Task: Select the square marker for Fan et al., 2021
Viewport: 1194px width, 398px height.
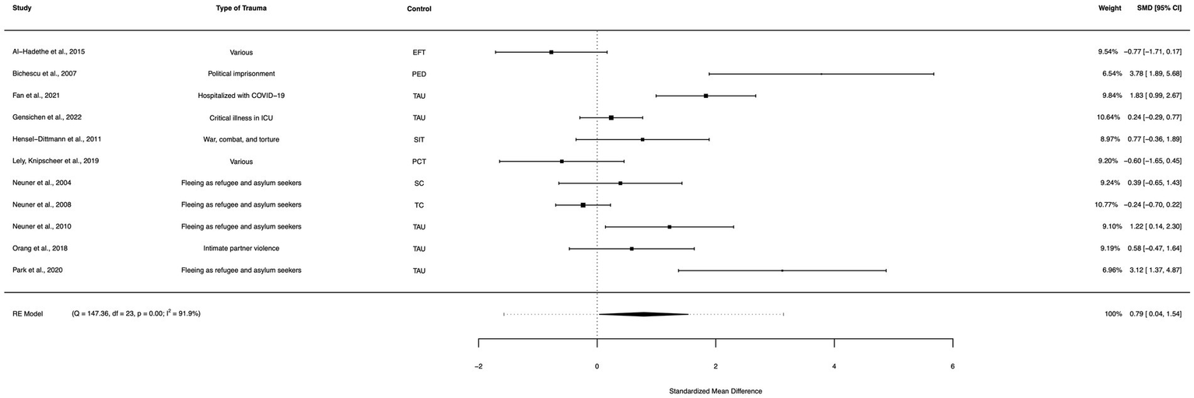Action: [x=706, y=96]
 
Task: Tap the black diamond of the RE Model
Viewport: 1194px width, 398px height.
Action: [x=643, y=314]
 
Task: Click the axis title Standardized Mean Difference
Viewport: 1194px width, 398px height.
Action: [x=716, y=391]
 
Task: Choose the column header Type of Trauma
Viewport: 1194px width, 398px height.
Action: [x=241, y=9]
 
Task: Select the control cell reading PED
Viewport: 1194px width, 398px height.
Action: [x=419, y=74]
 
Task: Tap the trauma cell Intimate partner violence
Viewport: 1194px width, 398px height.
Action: [x=241, y=249]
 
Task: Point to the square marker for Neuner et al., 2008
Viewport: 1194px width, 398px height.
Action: [x=583, y=205]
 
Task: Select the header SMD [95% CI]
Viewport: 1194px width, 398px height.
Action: [x=1157, y=9]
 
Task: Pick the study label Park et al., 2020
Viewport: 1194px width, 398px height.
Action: [x=39, y=271]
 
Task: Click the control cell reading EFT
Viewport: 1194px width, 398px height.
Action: [x=419, y=52]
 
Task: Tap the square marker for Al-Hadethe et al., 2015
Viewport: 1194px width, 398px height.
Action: [x=551, y=52]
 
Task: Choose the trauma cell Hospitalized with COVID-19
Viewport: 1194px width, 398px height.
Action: [x=241, y=96]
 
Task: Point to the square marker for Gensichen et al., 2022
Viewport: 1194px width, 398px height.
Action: [x=611, y=117]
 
